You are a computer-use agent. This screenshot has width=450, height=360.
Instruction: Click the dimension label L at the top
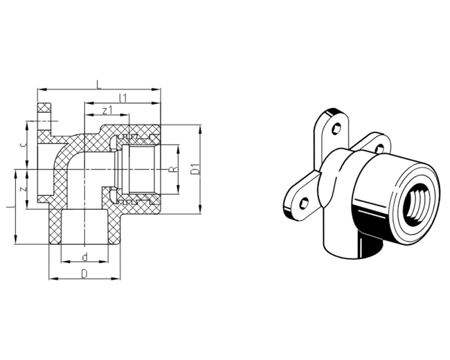[99, 85]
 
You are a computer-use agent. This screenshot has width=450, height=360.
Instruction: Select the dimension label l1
[123, 98]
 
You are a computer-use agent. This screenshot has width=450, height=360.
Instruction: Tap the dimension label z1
[107, 110]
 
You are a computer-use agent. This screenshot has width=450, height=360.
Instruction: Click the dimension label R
[173, 169]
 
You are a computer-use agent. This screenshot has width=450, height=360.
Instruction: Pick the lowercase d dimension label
[85, 257]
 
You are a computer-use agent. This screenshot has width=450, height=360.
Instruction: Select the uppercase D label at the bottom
[84, 274]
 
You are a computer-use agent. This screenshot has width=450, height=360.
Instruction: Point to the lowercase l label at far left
[11, 206]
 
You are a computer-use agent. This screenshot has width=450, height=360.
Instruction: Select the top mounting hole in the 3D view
[336, 129]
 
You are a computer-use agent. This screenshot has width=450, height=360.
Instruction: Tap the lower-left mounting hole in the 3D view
[304, 204]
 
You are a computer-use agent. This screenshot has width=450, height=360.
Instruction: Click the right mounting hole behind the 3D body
[380, 148]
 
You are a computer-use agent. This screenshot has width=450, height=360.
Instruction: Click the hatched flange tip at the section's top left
[44, 107]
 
